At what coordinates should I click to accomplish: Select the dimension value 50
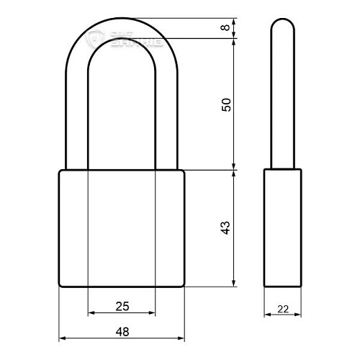[225, 104]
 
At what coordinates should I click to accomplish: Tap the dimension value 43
[225, 228]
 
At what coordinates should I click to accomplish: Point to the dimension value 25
[122, 307]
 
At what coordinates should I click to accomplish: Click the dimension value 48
[122, 331]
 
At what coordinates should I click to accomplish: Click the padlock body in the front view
[121, 228]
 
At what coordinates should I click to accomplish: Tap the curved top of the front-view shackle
[121, 29]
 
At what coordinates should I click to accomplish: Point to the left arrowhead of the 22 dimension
[267, 315]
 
